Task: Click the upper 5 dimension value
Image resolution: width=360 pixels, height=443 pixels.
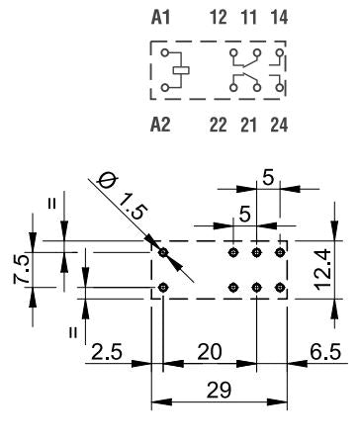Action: [x=269, y=179]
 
